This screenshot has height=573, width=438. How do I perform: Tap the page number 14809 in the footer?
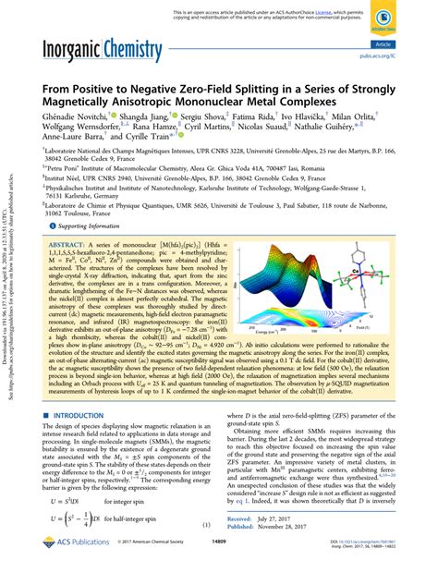218,557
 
